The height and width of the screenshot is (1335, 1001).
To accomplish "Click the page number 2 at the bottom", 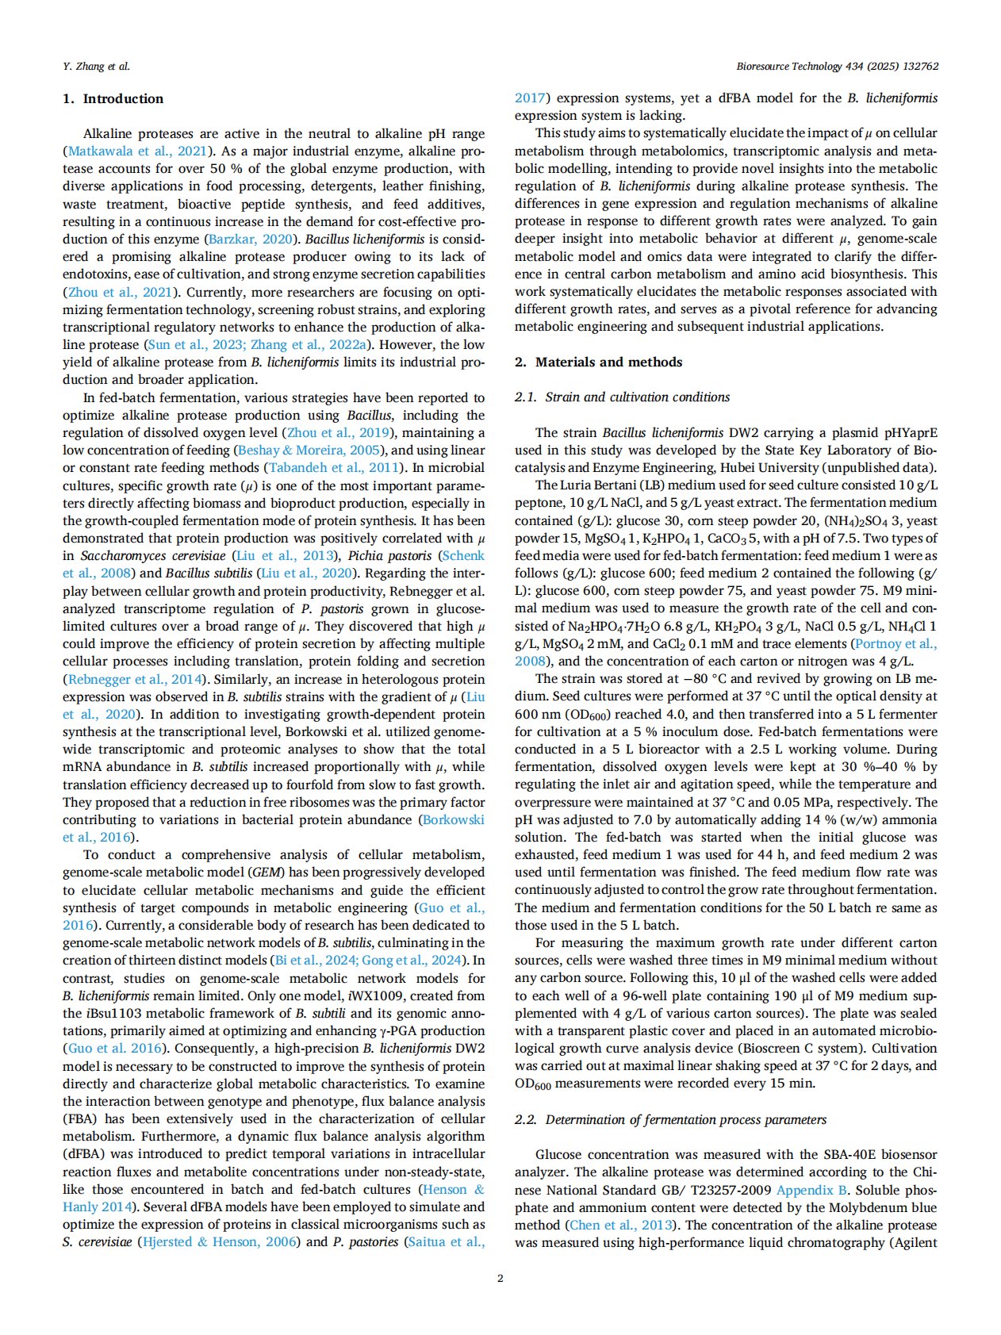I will (x=500, y=1278).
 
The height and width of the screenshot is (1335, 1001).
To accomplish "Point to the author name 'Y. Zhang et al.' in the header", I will (x=96, y=67).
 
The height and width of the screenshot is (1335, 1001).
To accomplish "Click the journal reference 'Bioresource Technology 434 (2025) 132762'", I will (x=837, y=67).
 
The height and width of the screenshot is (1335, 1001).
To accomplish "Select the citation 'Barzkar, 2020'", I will (x=253, y=240).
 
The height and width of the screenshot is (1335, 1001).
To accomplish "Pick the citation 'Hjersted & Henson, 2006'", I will (x=219, y=1242).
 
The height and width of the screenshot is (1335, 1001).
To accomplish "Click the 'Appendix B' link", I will (x=812, y=1191).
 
